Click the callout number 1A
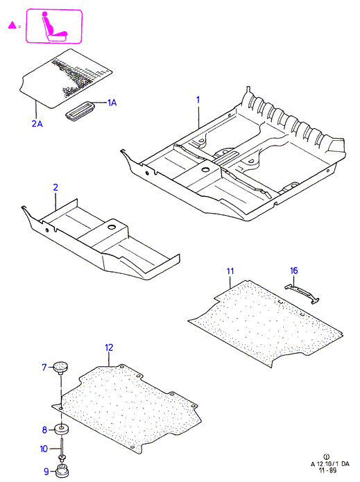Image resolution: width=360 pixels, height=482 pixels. coord(112,103)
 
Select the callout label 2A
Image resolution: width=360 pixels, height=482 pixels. coord(37,123)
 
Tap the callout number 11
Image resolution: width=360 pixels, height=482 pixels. coord(230,271)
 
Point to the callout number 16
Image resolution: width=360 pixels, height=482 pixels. coord(294,270)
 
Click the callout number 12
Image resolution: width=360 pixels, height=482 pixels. coord(109,347)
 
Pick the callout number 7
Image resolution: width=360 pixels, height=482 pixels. coord(44,367)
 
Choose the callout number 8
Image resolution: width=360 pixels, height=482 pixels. coord(44,430)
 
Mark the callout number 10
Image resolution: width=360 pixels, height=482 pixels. coord(44,449)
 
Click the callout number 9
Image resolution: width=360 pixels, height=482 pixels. coord(46,471)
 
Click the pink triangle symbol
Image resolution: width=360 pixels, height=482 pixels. coord(12,25)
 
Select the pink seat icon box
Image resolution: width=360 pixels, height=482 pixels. coord(54,26)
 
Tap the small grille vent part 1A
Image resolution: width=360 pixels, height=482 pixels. coord(80,110)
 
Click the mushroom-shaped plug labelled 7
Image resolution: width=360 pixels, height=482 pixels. coord(60,368)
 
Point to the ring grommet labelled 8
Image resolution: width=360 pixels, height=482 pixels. coord(62,429)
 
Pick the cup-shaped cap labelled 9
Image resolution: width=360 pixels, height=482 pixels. coord(62,471)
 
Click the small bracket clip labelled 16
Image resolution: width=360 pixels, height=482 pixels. coord(302,293)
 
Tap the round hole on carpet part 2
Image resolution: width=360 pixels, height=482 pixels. coord(112,227)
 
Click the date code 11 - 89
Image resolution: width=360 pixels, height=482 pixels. coord(327,471)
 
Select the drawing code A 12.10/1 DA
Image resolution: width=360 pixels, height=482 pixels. coord(330,464)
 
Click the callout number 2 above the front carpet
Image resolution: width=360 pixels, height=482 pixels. coord(55,187)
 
